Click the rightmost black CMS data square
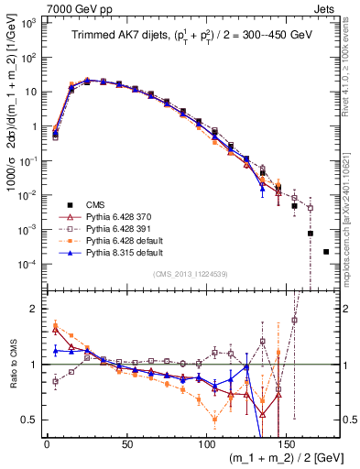point(326,251)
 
